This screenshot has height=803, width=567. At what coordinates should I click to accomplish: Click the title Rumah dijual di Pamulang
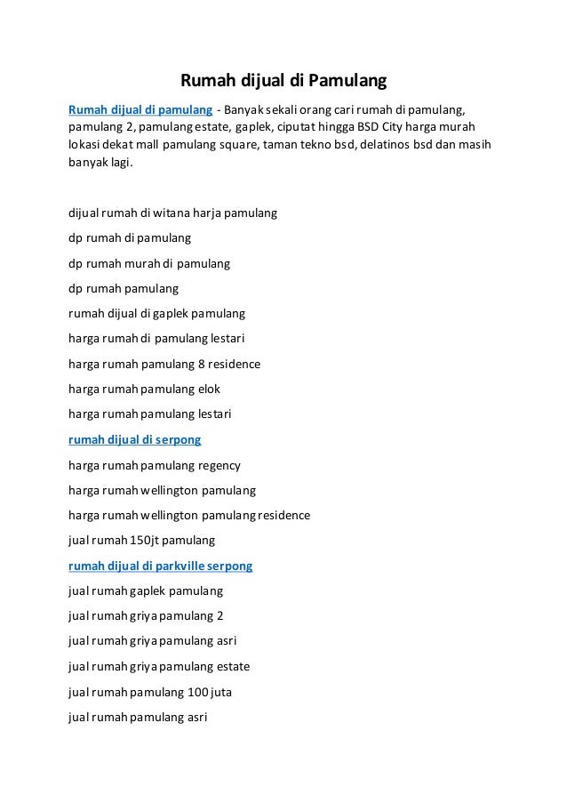point(283,83)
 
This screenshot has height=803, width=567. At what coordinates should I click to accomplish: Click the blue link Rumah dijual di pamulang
point(140,110)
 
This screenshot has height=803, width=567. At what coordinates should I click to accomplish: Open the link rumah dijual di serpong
point(135,439)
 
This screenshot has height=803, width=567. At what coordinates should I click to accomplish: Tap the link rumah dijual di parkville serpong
point(161,566)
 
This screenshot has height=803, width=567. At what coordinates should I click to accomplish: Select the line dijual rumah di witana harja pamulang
point(172,213)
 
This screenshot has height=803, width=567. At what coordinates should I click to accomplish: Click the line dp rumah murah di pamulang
point(149,264)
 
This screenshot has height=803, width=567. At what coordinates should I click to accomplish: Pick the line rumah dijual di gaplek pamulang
point(156,314)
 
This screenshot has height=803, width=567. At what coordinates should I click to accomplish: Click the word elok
point(210,389)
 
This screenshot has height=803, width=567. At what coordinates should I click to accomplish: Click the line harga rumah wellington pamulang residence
point(189,515)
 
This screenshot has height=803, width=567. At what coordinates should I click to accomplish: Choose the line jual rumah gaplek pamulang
point(146,590)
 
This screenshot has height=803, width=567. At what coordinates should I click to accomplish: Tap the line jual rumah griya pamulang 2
point(146,615)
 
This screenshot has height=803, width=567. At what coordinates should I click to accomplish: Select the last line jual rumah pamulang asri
point(138,716)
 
